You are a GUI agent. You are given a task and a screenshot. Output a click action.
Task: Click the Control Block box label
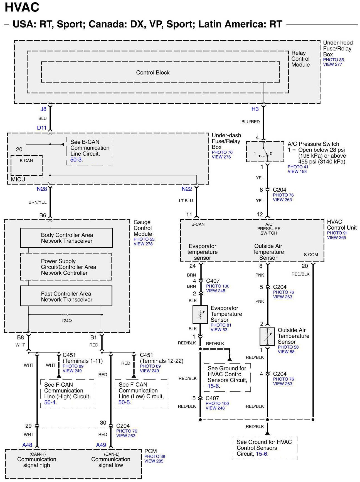pos(153,73)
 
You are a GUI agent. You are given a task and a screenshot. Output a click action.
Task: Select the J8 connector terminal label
pos(43,109)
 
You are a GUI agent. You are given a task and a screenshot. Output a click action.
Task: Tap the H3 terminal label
pos(255,109)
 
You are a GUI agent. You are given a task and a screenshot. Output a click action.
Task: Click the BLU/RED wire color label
pos(250,122)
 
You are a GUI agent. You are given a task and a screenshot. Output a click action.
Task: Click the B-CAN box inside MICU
pos(26,165)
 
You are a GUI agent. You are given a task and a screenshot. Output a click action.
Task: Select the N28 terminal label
pos(42,189)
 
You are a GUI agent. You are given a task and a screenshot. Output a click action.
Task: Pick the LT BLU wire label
pos(186,201)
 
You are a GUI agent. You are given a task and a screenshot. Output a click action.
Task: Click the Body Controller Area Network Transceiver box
pos(66,238)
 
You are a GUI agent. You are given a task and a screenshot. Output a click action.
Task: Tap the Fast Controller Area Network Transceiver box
pos(66,296)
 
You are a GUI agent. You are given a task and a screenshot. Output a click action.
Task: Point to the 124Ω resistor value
pos(67,321)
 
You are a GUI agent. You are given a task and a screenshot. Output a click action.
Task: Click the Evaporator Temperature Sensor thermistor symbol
pos(200,314)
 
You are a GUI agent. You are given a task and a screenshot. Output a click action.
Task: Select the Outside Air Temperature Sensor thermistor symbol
pos(267,336)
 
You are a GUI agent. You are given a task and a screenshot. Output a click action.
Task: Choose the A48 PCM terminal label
pos(27,445)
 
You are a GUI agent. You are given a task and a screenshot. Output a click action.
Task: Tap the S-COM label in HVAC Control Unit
pos(311,255)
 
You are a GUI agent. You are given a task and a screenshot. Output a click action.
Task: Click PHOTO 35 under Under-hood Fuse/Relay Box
pos(333,60)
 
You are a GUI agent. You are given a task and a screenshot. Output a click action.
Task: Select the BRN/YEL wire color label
pos(38,202)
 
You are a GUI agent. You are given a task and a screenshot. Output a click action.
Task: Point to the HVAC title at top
pos(22,7)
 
